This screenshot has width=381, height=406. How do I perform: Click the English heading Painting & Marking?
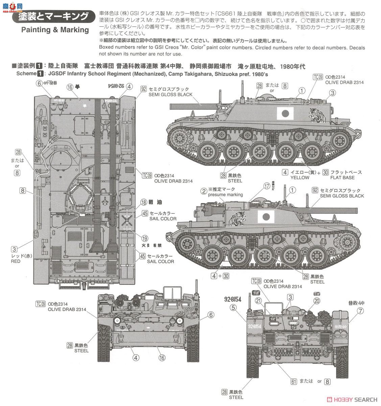tap(55, 30)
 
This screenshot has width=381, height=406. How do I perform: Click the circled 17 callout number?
tap(267, 186)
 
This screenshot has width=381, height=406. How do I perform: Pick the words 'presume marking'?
tap(225, 195)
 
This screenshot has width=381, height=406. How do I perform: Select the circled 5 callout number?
tap(233, 308)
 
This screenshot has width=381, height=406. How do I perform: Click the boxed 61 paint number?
tap(294, 381)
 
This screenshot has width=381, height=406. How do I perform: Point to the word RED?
tap(16, 261)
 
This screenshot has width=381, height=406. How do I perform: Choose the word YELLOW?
tap(300, 178)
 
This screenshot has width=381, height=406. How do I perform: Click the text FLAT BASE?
tap(342, 178)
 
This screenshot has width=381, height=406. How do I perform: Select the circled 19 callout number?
tap(144, 238)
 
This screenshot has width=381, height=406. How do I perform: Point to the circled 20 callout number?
tap(316, 300)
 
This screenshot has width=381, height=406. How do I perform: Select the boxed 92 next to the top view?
tap(144, 89)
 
